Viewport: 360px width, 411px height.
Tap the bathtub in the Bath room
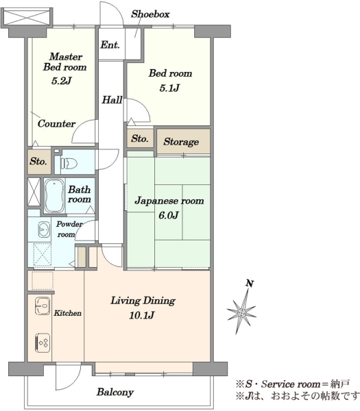[54, 195]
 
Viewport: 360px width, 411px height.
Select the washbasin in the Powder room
[44, 229]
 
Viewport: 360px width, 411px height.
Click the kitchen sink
[43, 306]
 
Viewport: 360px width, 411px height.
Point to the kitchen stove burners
[43, 342]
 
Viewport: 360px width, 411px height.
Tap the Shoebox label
[150, 14]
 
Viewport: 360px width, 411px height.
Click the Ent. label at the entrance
[110, 45]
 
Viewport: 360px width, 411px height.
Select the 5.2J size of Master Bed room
[62, 81]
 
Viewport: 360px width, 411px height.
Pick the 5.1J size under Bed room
[169, 88]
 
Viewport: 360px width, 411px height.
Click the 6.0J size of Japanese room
[169, 215]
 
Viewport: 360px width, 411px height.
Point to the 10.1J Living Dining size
[142, 315]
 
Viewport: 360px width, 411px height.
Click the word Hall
[112, 100]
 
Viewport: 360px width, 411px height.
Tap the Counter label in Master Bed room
[56, 124]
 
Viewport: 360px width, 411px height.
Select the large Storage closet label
[181, 142]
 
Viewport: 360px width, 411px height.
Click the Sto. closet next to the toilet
[38, 162]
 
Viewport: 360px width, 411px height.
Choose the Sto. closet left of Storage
[140, 138]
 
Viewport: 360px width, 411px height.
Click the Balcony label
[115, 392]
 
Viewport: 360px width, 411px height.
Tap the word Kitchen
[68, 313]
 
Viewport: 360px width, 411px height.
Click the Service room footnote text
[293, 384]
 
